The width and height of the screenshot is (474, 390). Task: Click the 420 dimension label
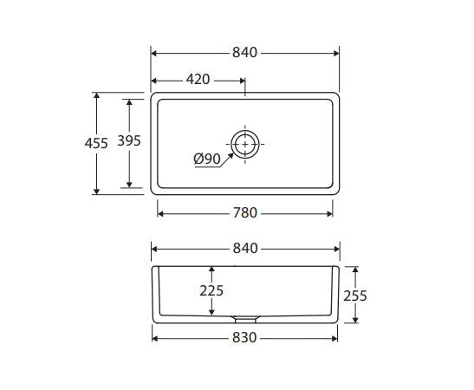(198, 80)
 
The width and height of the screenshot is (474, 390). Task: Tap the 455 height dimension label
(96, 143)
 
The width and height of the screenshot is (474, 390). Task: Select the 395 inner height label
(129, 141)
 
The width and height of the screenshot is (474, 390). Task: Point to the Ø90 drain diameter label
(207, 159)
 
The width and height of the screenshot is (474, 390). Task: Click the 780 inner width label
(245, 213)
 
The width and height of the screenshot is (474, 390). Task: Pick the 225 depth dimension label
(211, 291)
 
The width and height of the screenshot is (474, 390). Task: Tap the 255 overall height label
(355, 296)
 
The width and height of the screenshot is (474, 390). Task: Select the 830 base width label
(244, 338)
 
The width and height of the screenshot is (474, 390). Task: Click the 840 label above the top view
(244, 53)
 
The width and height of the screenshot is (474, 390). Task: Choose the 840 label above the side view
(245, 248)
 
